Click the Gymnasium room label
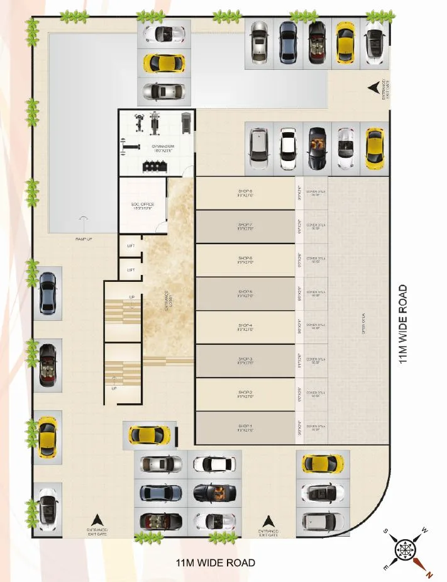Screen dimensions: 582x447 point(162,148)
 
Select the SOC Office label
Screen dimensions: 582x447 point(143,206)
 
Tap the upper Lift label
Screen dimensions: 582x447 point(131,246)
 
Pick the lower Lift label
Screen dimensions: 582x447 point(131,270)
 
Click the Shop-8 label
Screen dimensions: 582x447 point(245,193)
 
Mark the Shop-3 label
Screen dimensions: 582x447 point(245,361)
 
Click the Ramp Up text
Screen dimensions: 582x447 point(84,240)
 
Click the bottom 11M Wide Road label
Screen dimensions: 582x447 point(216,562)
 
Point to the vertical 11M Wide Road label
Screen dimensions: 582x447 point(403,324)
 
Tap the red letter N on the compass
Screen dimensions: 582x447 point(429,574)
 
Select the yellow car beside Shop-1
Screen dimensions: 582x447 point(150,435)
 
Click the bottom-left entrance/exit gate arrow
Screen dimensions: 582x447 point(97,520)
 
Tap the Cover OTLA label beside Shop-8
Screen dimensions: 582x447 point(316,193)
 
